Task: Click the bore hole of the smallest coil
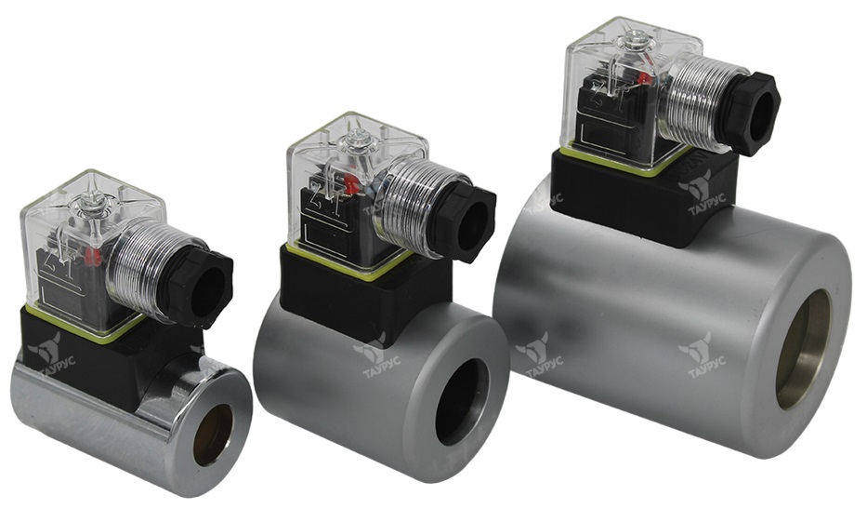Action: (213, 435)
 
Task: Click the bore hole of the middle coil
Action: (461, 401)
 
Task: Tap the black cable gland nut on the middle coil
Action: (464, 225)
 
